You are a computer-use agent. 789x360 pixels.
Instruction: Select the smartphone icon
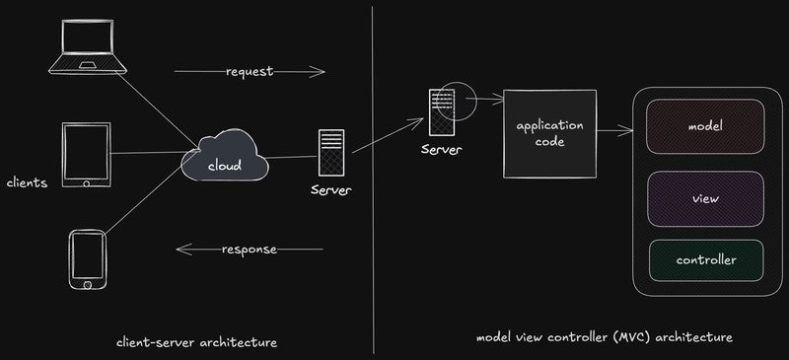(x=89, y=259)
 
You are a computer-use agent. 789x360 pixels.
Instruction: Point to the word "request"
(x=249, y=72)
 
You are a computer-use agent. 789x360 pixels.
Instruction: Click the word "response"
(x=249, y=249)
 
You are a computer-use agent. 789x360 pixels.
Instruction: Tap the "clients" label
(x=27, y=182)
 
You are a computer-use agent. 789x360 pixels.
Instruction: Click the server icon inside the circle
(x=441, y=110)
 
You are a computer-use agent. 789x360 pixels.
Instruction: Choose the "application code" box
(x=550, y=134)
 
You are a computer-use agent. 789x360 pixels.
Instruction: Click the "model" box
(x=705, y=128)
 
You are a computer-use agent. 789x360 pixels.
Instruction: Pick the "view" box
(x=705, y=198)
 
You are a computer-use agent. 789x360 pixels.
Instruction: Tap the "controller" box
(x=705, y=260)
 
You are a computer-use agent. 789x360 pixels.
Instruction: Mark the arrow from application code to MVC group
(x=614, y=128)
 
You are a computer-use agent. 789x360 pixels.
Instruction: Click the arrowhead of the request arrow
(x=322, y=71)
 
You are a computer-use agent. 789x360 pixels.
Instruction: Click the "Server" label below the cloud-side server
(x=330, y=188)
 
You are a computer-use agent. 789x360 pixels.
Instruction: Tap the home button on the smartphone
(x=88, y=284)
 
